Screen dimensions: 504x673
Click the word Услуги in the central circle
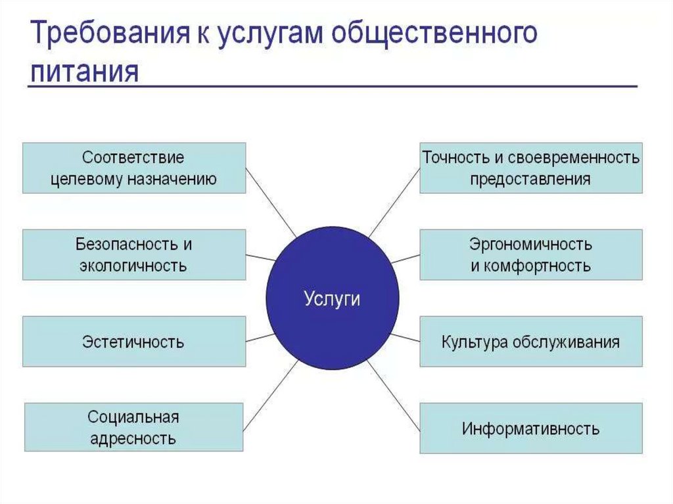pos(333,299)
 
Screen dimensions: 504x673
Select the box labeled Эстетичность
pos(133,342)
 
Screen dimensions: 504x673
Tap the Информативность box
pos(530,429)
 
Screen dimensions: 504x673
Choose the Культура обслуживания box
pos(530,342)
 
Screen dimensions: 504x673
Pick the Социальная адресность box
pos(133,427)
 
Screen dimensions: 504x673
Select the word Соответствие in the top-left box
pos(133,158)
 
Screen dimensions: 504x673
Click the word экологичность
pos(133,266)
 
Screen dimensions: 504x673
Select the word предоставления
pos(530,179)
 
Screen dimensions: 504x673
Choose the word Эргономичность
pos(530,245)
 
